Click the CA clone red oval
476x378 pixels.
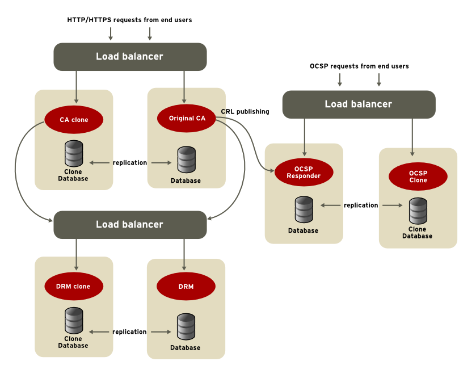[x=74, y=120]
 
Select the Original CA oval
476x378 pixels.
[x=187, y=119]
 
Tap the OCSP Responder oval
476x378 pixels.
[x=304, y=173]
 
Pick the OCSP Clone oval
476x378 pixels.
[x=418, y=177]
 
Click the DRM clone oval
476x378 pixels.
[x=74, y=287]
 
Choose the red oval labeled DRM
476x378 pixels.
[x=186, y=287]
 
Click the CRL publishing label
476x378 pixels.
[x=245, y=112]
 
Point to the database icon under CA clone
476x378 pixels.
[x=74, y=153]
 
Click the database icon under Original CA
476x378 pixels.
[x=186, y=161]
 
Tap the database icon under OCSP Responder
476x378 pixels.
[x=304, y=211]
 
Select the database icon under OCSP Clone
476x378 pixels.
[x=418, y=212]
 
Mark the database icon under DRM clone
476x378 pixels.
[x=74, y=321]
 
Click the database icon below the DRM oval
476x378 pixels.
[x=186, y=327]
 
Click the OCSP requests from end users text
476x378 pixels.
[x=359, y=66]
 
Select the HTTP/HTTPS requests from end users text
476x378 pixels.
[x=129, y=20]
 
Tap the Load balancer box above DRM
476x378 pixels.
[x=130, y=225]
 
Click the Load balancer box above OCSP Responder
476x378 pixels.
[x=359, y=104]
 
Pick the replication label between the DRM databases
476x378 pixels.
[x=129, y=332]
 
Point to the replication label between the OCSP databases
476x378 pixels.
[x=361, y=205]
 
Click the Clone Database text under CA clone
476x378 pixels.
[x=73, y=175]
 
